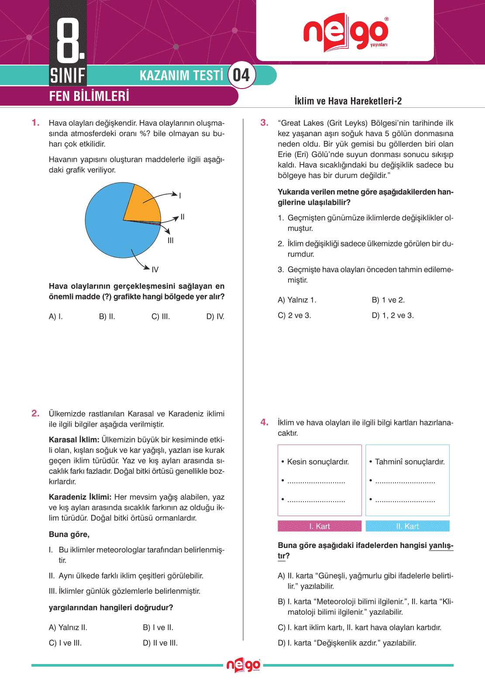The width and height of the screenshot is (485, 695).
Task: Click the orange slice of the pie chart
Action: [x=142, y=204]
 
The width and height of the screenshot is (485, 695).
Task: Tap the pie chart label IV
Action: [x=155, y=270]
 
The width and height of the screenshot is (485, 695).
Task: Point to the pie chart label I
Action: [x=180, y=196]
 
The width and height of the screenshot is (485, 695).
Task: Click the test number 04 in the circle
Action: [x=241, y=75]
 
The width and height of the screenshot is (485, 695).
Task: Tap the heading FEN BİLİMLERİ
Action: [x=89, y=96]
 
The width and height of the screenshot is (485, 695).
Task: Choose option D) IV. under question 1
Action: [x=215, y=317]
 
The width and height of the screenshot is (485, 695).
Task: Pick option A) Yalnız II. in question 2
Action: [x=68, y=627]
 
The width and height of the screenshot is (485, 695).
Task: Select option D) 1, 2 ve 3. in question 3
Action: [x=392, y=315]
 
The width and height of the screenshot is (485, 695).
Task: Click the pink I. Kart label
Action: [x=320, y=526]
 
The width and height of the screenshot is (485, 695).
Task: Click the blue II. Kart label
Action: [x=407, y=526]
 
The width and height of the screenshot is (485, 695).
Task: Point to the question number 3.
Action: [x=264, y=123]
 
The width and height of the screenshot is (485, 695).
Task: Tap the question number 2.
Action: [x=35, y=413]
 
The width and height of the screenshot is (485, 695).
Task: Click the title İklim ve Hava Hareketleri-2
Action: [x=348, y=101]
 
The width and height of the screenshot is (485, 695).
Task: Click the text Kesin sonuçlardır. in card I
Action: [x=318, y=462]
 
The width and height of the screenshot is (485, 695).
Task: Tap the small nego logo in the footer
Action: [x=243, y=665]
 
